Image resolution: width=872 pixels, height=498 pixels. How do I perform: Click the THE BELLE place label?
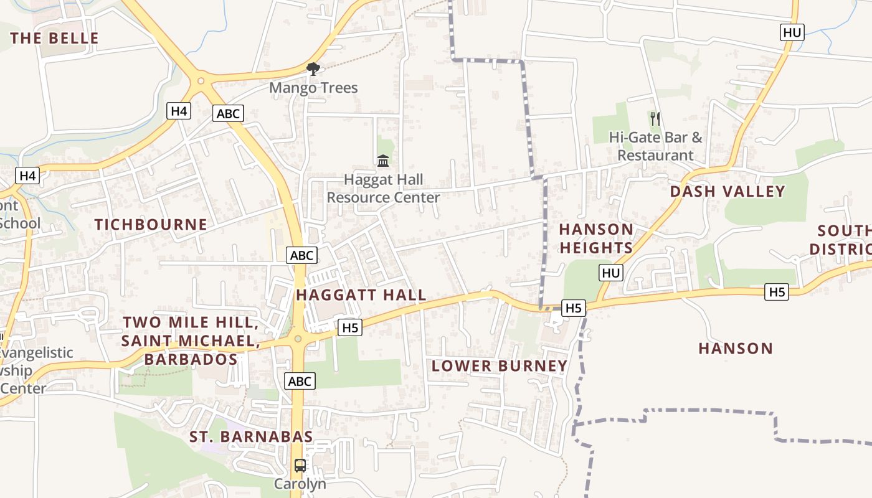(55, 38)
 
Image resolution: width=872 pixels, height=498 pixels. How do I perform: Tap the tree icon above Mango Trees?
(313, 69)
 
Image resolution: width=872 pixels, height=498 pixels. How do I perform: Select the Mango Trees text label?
(313, 88)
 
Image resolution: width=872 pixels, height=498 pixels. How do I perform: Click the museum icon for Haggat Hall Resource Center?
(383, 161)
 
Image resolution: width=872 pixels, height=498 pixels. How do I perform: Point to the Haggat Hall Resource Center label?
(383, 189)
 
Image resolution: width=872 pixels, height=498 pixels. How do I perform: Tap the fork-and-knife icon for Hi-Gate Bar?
(655, 118)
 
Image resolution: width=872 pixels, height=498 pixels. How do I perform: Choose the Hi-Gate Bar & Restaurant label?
(655, 146)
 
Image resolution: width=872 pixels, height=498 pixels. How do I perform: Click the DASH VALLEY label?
(727, 191)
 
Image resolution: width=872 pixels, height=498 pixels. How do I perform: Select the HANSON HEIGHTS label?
(596, 238)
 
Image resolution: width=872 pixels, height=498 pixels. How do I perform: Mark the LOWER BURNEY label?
(500, 366)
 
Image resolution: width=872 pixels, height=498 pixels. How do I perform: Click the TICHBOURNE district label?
(151, 225)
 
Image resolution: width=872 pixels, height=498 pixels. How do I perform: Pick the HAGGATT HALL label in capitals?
(361, 295)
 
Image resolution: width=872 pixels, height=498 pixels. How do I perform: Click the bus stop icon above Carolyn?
(300, 465)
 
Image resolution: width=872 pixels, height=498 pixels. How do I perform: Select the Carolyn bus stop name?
(300, 484)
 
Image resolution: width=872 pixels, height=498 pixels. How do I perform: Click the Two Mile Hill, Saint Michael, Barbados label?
(189, 341)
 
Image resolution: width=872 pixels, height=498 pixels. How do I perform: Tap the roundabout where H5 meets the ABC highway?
(298, 339)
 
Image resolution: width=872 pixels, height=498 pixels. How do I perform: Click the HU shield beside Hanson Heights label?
(612, 273)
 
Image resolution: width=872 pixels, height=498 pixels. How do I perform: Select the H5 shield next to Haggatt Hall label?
(350, 327)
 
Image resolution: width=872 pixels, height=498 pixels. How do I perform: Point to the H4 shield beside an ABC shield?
(179, 111)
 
